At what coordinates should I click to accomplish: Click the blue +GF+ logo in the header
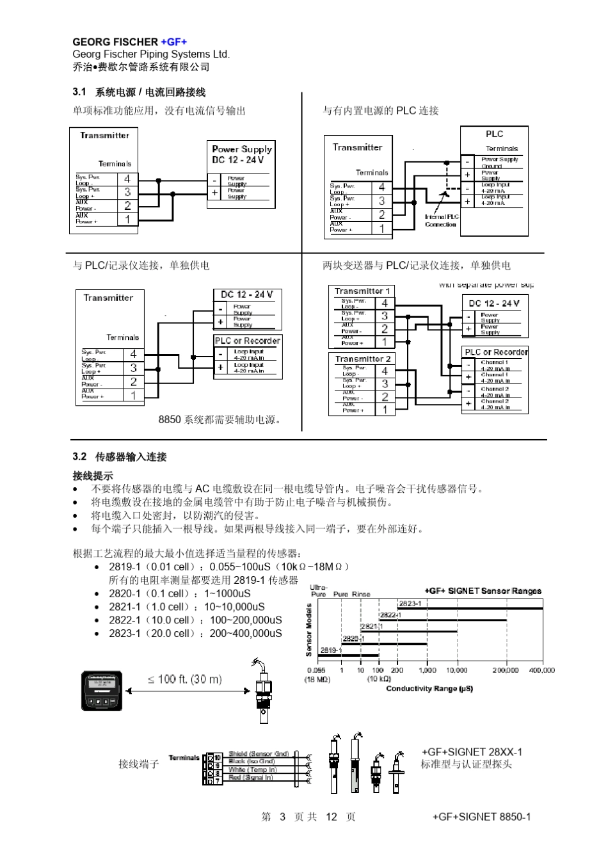(x=173, y=42)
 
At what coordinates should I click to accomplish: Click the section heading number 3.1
(x=79, y=92)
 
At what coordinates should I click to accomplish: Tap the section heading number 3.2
(x=79, y=456)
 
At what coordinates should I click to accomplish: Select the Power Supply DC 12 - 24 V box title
(x=241, y=154)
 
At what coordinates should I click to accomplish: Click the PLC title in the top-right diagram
(x=494, y=134)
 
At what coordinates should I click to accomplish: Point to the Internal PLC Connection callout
(x=441, y=220)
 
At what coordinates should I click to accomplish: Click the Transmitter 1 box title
(x=362, y=291)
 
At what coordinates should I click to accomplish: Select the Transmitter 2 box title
(x=362, y=358)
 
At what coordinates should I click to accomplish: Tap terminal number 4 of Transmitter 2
(x=385, y=371)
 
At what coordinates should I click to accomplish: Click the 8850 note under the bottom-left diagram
(x=221, y=420)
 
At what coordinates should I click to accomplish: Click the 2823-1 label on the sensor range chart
(x=409, y=604)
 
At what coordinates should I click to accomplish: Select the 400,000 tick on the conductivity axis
(x=541, y=670)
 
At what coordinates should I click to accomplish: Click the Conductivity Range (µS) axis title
(x=429, y=689)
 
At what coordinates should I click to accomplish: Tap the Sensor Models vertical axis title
(x=309, y=630)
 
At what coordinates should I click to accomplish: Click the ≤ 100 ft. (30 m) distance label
(x=185, y=679)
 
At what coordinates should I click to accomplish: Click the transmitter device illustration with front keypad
(x=102, y=691)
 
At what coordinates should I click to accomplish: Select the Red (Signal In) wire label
(x=252, y=777)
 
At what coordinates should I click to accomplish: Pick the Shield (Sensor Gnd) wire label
(x=259, y=754)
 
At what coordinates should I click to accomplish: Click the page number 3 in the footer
(x=282, y=817)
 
